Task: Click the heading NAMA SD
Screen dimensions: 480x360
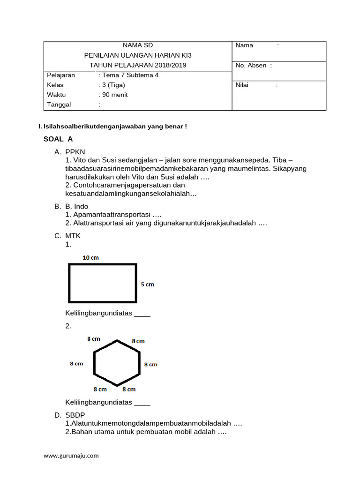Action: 138,45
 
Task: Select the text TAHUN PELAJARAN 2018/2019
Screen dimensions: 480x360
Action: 138,65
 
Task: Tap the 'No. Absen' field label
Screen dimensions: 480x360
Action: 251,65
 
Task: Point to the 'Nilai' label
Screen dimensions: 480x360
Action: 242,85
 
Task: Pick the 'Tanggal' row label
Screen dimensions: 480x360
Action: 59,105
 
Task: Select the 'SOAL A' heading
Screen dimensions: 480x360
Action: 58,139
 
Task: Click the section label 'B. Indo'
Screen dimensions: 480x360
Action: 77,206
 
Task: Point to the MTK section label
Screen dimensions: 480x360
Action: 74,236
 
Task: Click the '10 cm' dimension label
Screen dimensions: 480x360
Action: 90,257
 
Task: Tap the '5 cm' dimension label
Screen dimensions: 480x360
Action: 147,284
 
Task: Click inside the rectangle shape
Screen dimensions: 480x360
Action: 103,283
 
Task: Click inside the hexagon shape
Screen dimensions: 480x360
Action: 117,363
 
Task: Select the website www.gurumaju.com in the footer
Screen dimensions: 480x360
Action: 71,455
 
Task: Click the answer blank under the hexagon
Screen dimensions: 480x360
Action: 142,403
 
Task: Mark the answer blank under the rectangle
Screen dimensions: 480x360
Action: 142,314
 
